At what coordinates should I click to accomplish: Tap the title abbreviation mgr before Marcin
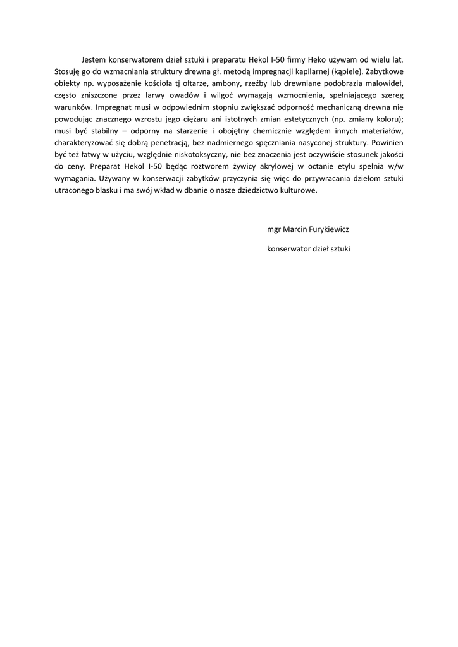coord(274,229)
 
